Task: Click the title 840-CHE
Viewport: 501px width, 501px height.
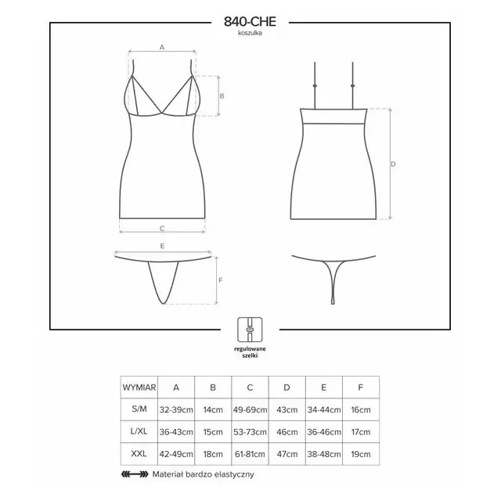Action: pos(250,22)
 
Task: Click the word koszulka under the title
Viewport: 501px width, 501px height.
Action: pos(250,33)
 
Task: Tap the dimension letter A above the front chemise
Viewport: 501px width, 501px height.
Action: pos(162,47)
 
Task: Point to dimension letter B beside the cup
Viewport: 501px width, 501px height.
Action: pos(222,96)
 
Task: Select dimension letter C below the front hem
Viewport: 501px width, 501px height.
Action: pos(162,229)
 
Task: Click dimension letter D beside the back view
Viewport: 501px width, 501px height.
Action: pos(393,164)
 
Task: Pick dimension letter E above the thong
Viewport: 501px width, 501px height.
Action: pos(162,246)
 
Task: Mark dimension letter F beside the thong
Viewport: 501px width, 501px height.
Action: pos(221,280)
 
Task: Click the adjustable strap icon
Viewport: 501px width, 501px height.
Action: pos(250,330)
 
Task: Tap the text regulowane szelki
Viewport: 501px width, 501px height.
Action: pos(250,352)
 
